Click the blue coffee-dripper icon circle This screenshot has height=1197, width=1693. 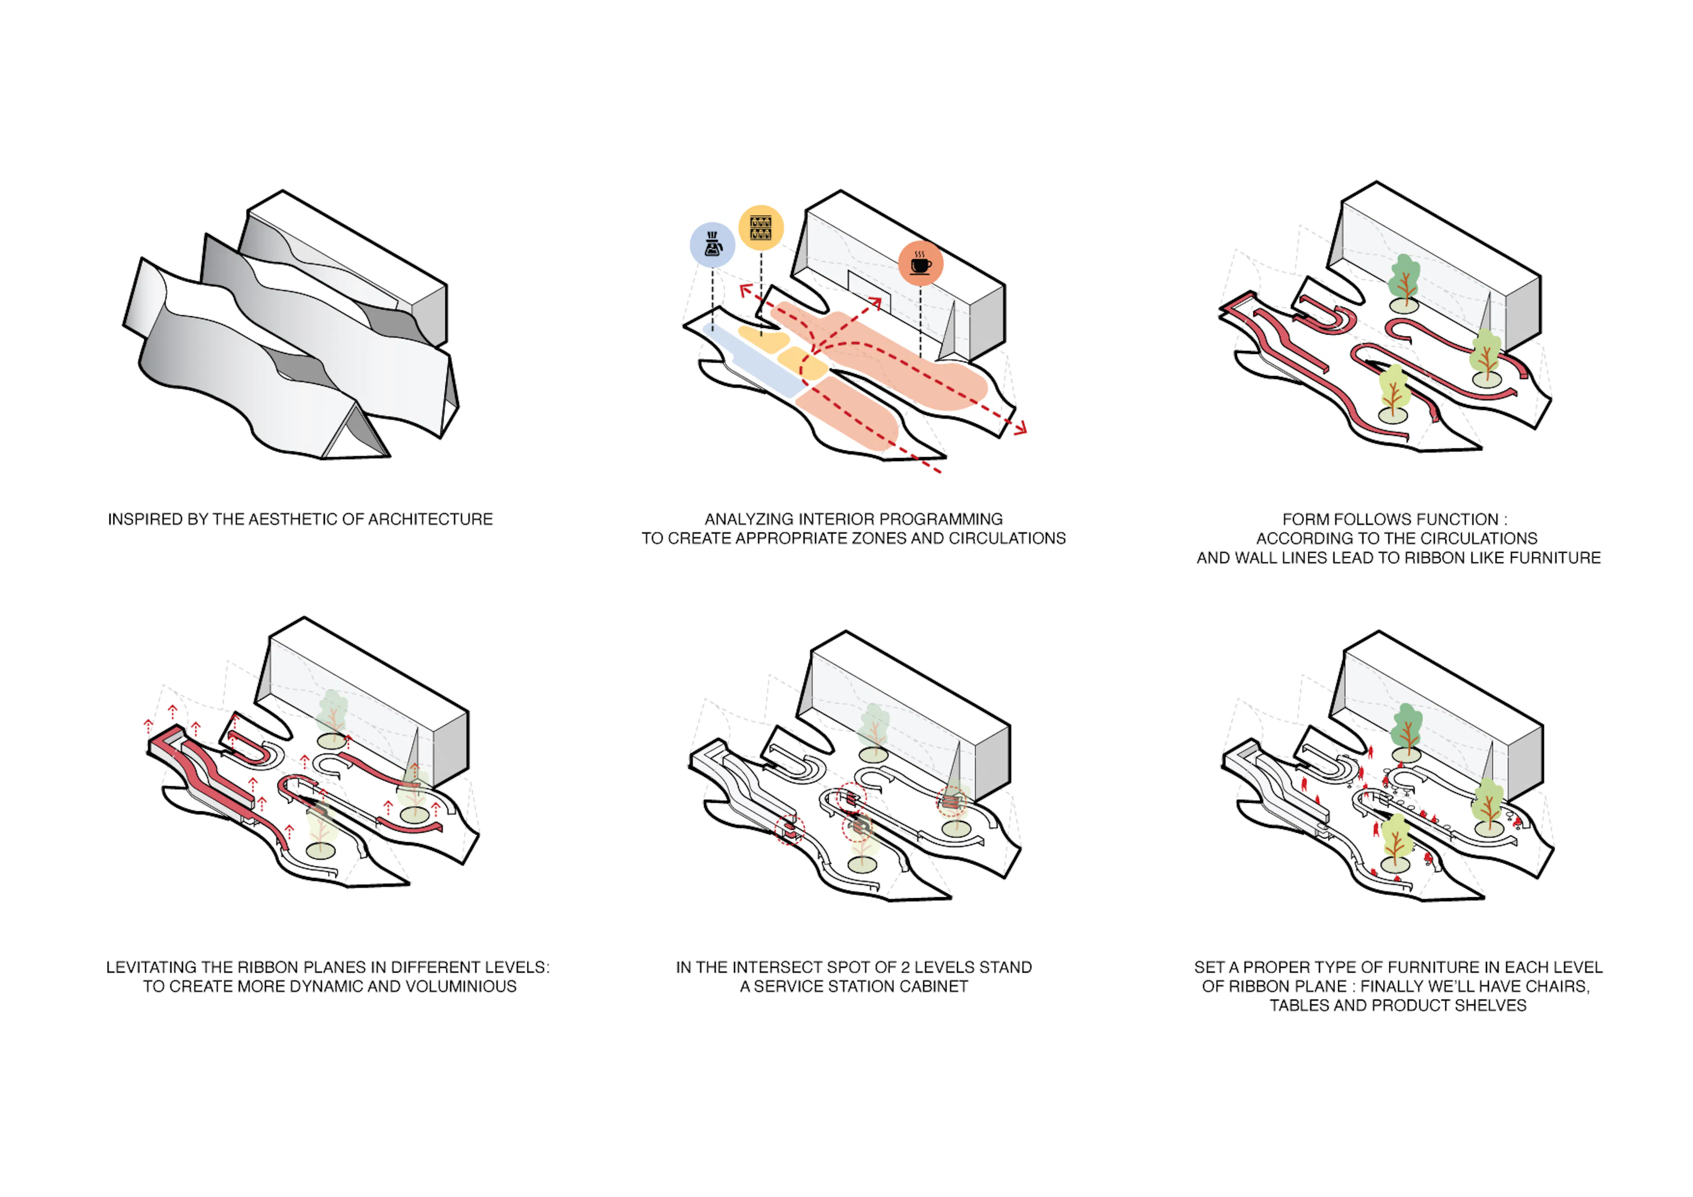(x=712, y=244)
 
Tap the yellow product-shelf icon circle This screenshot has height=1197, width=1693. (x=761, y=227)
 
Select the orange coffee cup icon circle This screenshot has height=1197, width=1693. (x=921, y=263)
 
